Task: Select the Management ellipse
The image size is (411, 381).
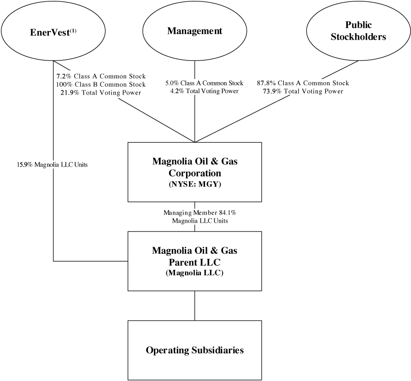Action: click(x=194, y=31)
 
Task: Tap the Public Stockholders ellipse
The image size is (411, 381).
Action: click(x=358, y=31)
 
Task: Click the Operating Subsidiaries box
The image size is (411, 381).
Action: click(x=194, y=350)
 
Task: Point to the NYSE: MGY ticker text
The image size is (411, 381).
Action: click(x=194, y=186)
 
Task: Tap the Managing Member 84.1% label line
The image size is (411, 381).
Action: click(x=194, y=213)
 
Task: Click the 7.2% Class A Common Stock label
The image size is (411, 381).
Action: click(x=100, y=76)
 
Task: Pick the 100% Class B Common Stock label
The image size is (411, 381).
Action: click(x=100, y=84)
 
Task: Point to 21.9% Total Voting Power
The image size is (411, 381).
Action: click(x=100, y=92)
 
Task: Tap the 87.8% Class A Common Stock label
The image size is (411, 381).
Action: click(x=303, y=83)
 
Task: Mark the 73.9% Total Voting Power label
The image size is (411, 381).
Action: click(x=303, y=91)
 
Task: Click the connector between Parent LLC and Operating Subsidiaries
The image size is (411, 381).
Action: click(x=194, y=305)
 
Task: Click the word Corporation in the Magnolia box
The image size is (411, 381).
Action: click(x=194, y=174)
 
